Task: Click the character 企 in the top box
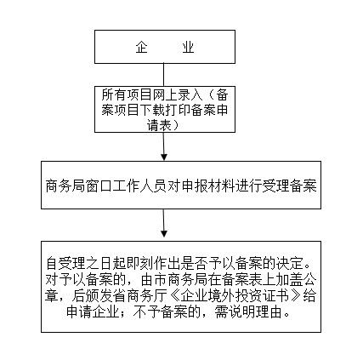141,47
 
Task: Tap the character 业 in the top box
188,47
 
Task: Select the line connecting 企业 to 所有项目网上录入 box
163,75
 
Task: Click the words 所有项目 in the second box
127,95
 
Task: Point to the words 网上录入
178,95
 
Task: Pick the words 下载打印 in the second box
165,110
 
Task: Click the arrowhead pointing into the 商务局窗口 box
164,157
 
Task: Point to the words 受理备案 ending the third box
289,186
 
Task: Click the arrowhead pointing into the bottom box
164,233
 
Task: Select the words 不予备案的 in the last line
167,312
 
